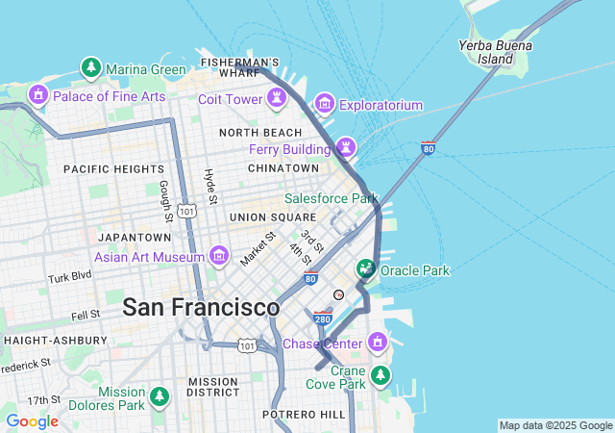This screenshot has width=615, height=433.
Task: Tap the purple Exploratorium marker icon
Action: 324,103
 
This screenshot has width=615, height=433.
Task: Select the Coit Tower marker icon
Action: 277,98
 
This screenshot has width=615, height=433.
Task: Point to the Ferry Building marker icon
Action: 344,148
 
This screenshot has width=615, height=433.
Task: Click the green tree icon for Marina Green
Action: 90,68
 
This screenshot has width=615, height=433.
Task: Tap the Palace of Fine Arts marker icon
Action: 38,95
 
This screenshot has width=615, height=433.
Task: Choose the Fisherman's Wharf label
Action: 240,67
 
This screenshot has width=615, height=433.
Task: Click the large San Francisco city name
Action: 201,308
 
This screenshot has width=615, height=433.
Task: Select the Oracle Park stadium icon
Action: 366,270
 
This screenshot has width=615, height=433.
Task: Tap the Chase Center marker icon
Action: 378,343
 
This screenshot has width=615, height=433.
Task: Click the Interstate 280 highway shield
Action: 324,316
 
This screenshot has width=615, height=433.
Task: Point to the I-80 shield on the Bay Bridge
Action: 428,148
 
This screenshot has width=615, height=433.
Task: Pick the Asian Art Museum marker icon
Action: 219,256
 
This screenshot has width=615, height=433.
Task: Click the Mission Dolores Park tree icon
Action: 160,396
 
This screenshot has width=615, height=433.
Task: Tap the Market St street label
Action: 258,248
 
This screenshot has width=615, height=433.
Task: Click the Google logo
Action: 32,421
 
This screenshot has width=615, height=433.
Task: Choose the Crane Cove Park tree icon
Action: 381,374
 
